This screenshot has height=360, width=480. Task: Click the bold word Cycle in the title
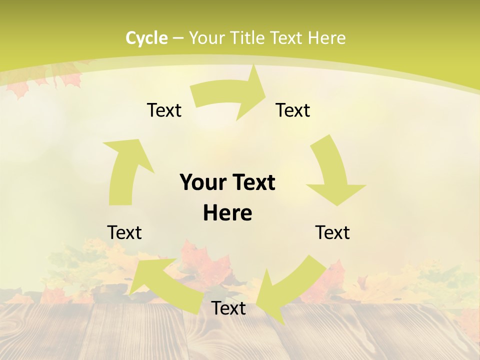[x=146, y=38]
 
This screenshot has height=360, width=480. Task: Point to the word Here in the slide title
[x=326, y=38]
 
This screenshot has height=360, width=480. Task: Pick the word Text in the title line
[x=286, y=38]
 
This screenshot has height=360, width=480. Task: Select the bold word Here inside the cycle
[x=227, y=213]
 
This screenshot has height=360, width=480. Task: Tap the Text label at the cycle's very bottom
[x=228, y=308]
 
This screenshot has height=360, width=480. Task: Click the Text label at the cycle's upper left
[x=164, y=110]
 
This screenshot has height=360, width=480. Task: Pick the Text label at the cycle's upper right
[x=293, y=110]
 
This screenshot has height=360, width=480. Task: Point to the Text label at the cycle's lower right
[x=332, y=232]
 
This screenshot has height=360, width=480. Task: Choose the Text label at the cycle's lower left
[x=124, y=232]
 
